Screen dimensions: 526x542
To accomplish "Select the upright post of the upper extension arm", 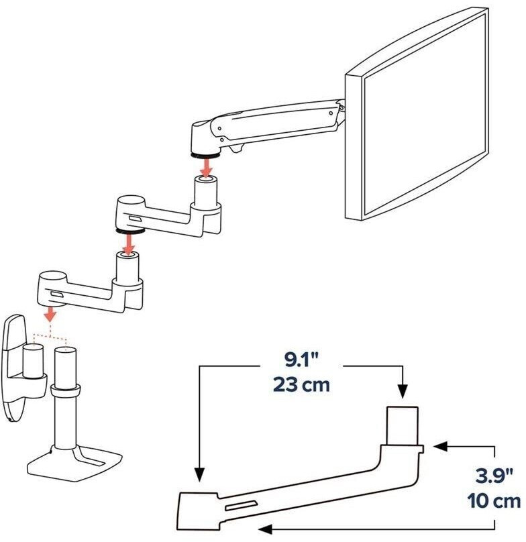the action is [207, 195].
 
